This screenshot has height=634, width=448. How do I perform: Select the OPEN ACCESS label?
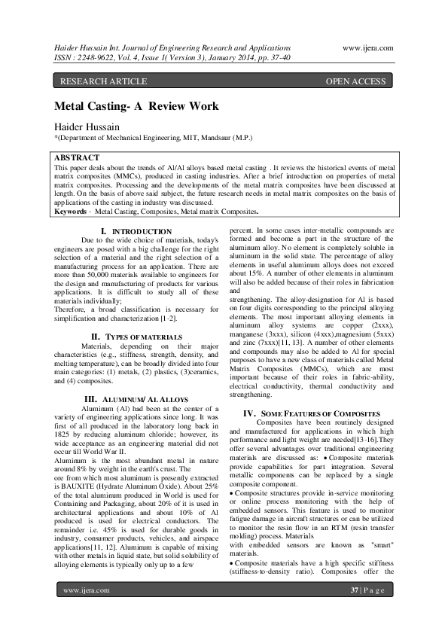click(x=355, y=81)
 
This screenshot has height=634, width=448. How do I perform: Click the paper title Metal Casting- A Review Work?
click(x=136, y=106)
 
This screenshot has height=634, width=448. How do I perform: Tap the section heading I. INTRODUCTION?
click(x=136, y=231)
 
